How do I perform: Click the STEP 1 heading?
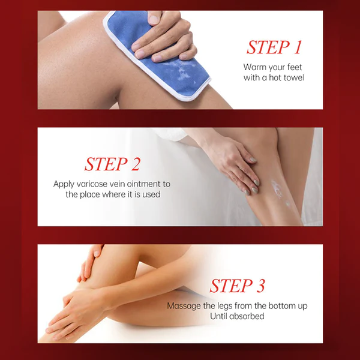click(x=274, y=47)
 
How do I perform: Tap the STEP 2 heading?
click(x=112, y=164)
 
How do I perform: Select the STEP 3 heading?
click(x=237, y=286)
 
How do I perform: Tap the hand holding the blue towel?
click(x=166, y=37)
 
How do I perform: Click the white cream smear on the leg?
click(x=278, y=190)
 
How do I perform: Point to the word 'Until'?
click(x=218, y=316)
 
